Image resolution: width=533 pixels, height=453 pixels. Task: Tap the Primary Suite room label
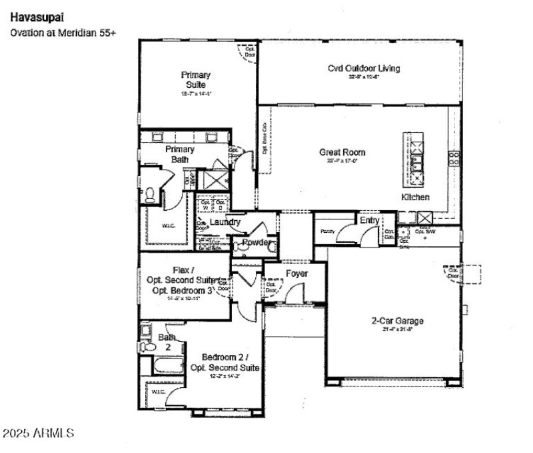tap(196, 80)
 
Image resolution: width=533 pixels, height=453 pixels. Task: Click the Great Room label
tap(342, 152)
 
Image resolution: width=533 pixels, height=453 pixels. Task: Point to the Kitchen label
tap(415, 198)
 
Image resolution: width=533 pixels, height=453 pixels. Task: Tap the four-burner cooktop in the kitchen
tap(454, 158)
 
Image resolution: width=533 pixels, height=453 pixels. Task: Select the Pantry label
tap(326, 231)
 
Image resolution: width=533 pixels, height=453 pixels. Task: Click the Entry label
tap(369, 220)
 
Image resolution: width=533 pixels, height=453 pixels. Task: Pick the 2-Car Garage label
tap(397, 321)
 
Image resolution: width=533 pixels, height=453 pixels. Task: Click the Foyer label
tap(296, 273)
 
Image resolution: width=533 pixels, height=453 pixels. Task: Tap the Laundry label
tap(225, 222)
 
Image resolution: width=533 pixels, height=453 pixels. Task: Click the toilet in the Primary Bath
tap(150, 194)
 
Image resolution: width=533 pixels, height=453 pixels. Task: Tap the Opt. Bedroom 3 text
tap(183, 291)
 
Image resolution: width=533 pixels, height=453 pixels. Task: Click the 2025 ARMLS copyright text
tap(38, 433)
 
